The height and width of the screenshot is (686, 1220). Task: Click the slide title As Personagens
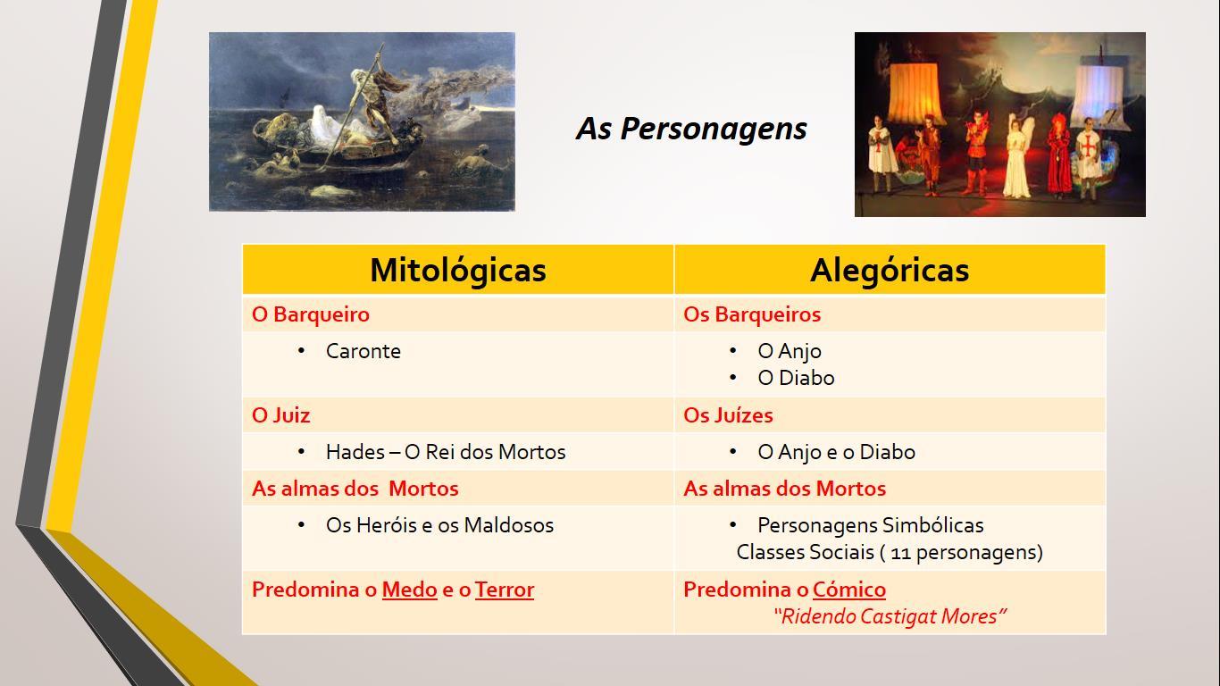tap(691, 130)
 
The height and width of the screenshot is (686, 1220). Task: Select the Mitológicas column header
tap(458, 270)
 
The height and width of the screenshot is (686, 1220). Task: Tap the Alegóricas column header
tap(890, 271)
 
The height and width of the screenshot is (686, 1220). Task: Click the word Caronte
tap(363, 351)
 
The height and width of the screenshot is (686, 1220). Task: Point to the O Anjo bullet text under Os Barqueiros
tap(790, 351)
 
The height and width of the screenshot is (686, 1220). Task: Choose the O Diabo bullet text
tap(796, 378)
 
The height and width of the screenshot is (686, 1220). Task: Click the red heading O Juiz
tap(280, 415)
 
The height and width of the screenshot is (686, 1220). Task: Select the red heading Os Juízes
tap(728, 415)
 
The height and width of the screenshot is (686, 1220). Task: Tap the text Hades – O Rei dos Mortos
tap(446, 452)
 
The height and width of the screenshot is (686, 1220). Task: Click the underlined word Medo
tap(410, 590)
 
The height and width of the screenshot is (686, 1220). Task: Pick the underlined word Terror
tap(505, 590)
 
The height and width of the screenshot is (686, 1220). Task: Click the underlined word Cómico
tap(849, 590)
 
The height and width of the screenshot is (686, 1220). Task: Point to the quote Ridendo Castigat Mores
tap(890, 617)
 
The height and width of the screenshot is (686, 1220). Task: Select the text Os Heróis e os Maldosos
tap(439, 526)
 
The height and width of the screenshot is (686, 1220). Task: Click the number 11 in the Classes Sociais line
tap(901, 554)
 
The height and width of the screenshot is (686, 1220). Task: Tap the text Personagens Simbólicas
tap(870, 526)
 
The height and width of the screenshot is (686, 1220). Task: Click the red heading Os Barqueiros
tap(752, 314)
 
